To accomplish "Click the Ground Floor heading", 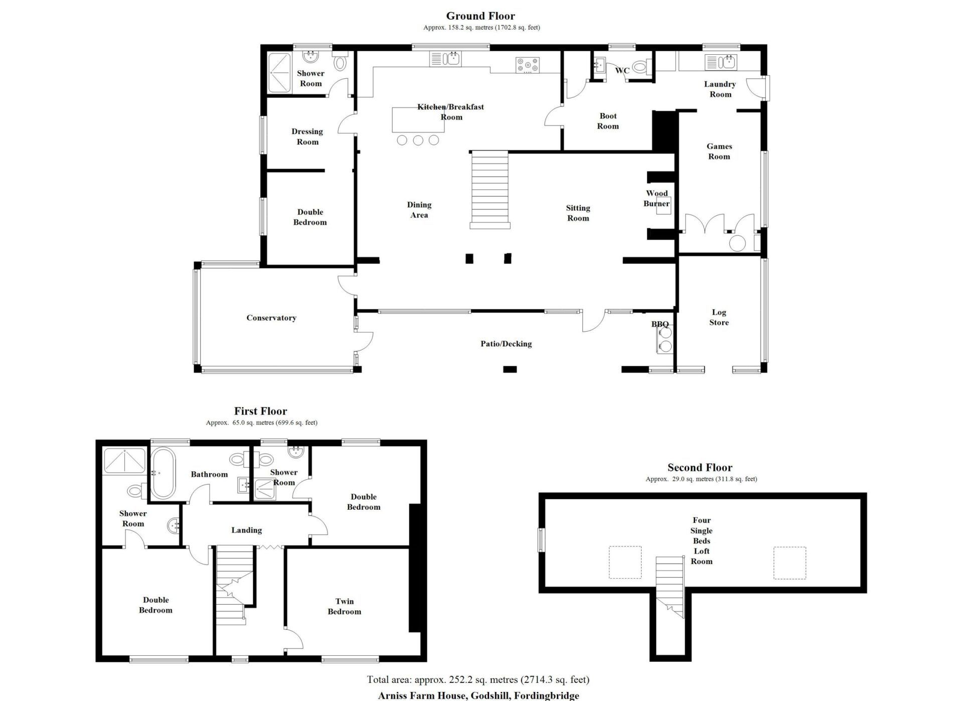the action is click(x=480, y=16).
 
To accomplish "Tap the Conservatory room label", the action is click(x=271, y=318).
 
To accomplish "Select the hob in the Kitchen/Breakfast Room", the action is click(x=528, y=65).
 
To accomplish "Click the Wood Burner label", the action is click(x=657, y=198).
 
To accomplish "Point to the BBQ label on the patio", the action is click(x=660, y=324).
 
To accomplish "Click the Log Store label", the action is click(x=719, y=317).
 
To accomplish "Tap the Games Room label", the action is click(x=719, y=151).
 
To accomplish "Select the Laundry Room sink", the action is click(x=721, y=62).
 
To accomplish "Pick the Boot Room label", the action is click(x=608, y=121).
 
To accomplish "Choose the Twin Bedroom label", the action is click(x=345, y=606).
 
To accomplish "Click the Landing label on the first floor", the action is click(x=246, y=530).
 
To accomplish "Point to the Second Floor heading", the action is click(x=700, y=468).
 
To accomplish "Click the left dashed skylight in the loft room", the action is click(x=625, y=562).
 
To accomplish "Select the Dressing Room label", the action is click(x=307, y=136).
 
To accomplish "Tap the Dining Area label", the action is click(x=419, y=210).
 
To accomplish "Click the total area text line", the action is click(x=478, y=680).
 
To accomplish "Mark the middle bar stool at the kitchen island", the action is click(x=418, y=140).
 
